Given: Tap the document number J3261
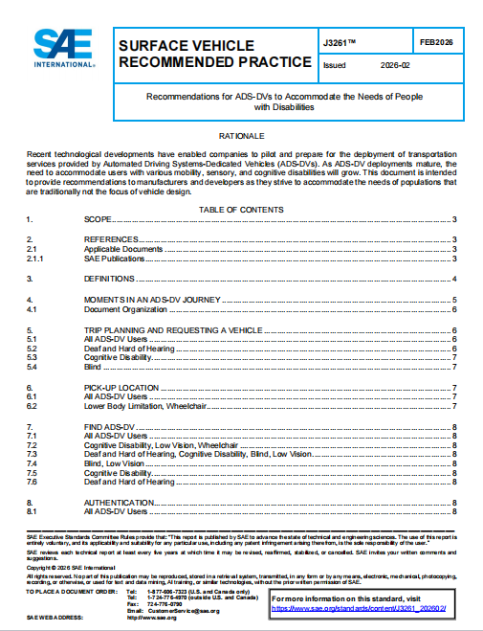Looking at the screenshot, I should (x=340, y=43).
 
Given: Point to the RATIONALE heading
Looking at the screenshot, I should (x=241, y=137).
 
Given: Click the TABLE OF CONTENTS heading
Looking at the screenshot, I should (x=241, y=210).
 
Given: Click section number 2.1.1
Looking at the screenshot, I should (x=33, y=259).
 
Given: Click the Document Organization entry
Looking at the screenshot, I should (x=121, y=309).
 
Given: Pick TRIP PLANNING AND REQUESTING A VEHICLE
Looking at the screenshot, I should (x=173, y=329).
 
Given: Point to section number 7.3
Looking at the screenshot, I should (x=31, y=454).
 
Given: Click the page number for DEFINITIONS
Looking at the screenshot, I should (x=453, y=279).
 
